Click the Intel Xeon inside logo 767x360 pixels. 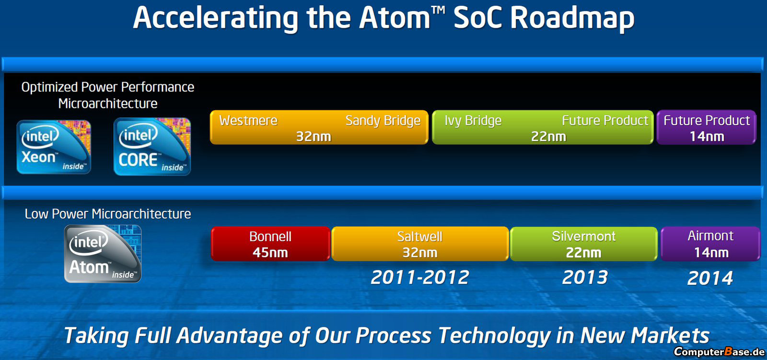coord(54,147)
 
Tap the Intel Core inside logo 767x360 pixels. coord(152,146)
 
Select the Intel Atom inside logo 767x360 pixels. coord(103,254)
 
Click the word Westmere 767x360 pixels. coord(248,121)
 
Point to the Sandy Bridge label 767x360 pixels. coord(383,121)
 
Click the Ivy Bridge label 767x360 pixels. coord(473,121)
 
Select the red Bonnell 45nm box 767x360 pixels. coord(270,244)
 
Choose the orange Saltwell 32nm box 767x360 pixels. coord(420,244)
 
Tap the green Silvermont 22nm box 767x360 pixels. coord(584,244)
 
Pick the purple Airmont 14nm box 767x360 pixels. coord(711,244)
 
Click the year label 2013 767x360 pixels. coord(585,277)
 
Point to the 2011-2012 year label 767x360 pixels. coord(420,277)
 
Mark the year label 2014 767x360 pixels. coord(710,278)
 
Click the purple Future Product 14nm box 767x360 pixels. coord(707,128)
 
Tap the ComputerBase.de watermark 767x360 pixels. coord(719,352)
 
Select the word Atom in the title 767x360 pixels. coord(395,18)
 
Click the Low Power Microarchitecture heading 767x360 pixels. coord(108,214)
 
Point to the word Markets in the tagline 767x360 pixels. coord(670,335)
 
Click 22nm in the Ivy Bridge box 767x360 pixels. coord(548,137)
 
